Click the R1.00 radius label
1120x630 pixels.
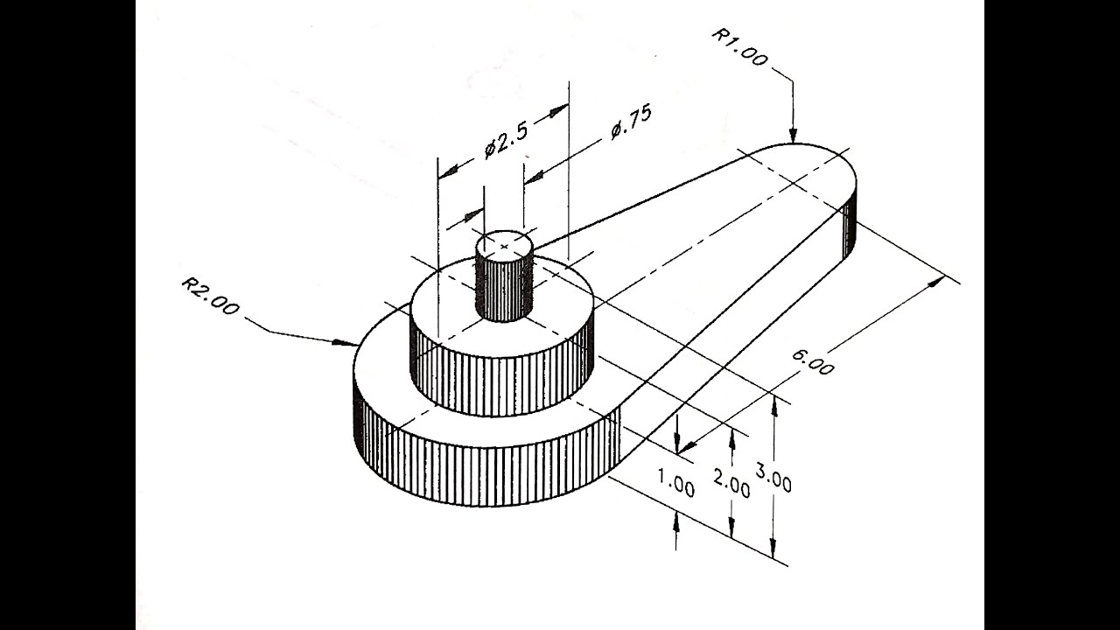point(739,47)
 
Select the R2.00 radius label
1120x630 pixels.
point(211,296)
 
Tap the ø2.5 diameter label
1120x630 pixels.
point(506,139)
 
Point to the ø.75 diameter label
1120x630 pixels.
point(631,122)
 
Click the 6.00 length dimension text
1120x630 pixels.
point(813,362)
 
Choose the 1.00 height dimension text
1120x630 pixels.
point(676,483)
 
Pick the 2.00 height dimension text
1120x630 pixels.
point(731,484)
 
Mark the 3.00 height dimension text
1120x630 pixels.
point(773,478)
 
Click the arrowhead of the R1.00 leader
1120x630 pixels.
point(793,135)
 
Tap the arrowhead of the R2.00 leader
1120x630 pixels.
point(345,343)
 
